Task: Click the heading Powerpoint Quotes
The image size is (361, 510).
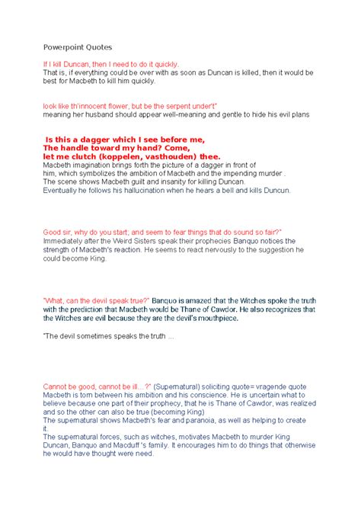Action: click(x=78, y=47)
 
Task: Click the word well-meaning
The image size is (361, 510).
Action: click(x=184, y=114)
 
